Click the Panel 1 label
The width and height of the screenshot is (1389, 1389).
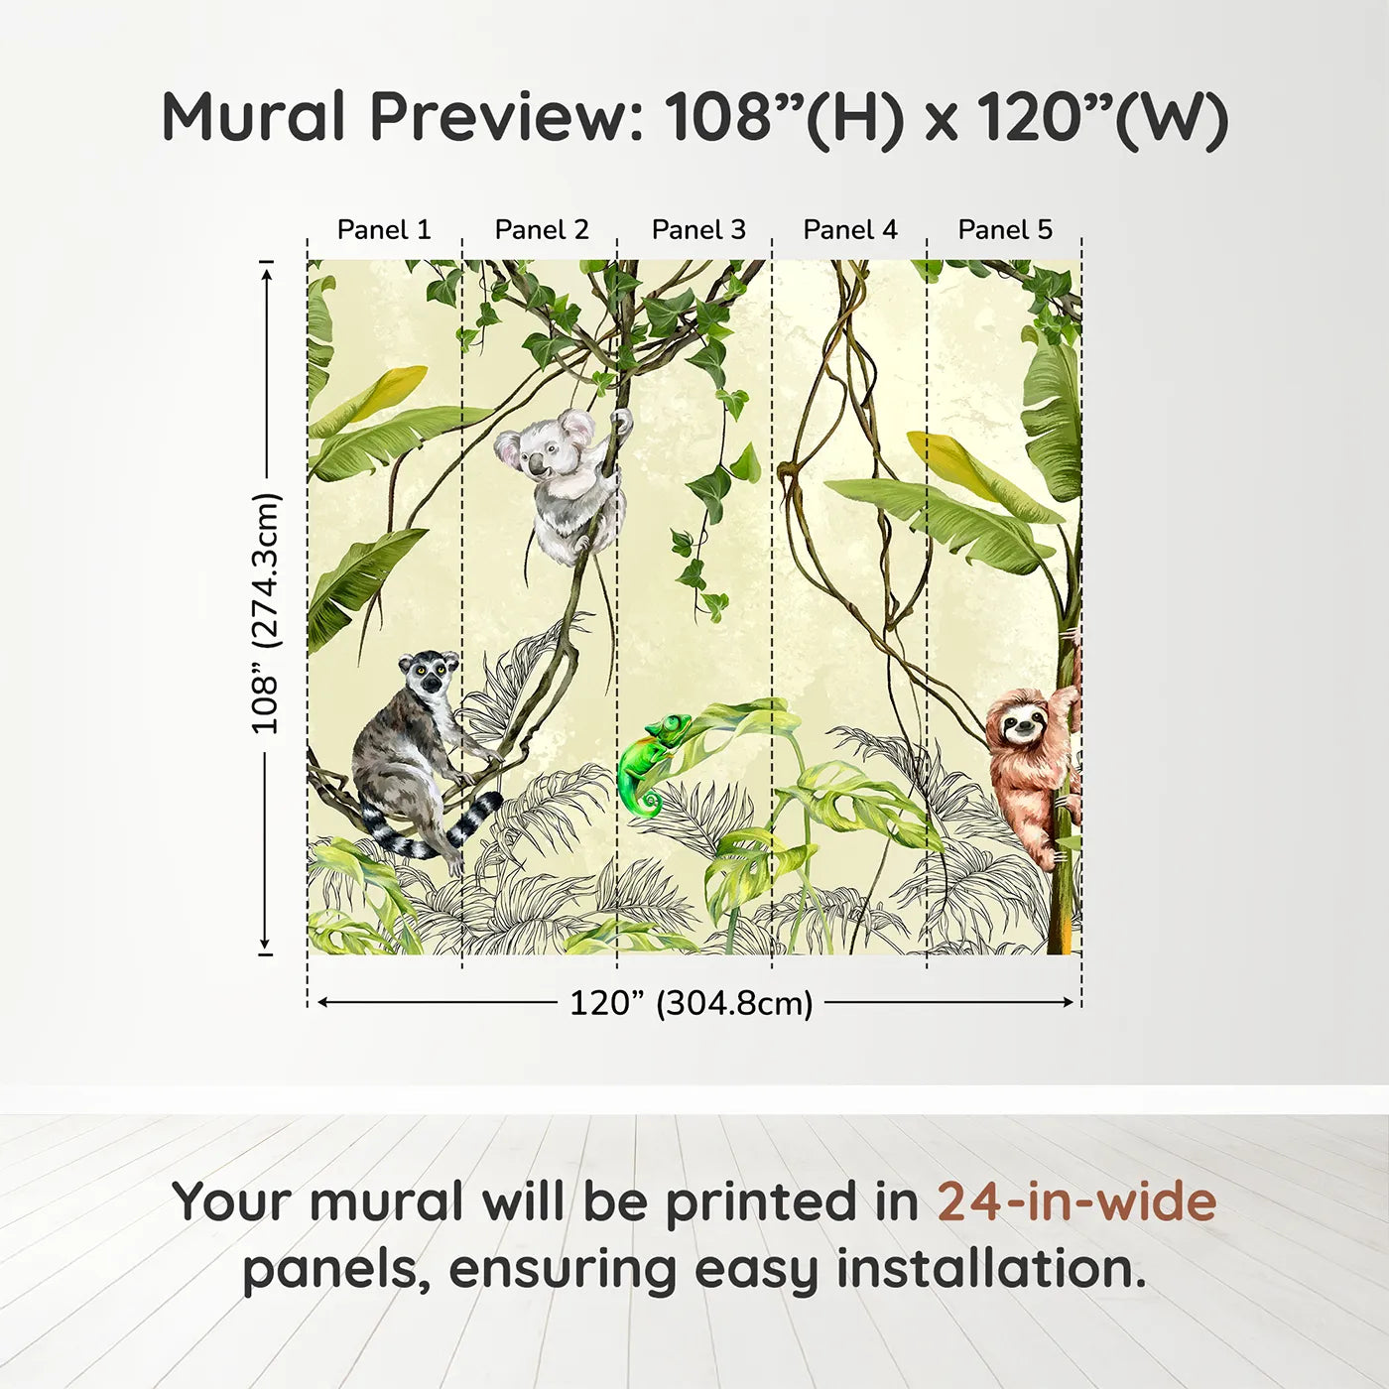pyautogui.click(x=384, y=229)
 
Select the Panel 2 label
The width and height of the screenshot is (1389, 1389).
pyautogui.click(x=542, y=229)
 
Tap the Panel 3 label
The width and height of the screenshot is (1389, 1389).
pyautogui.click(x=698, y=229)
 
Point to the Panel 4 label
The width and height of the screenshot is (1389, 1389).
pyautogui.click(x=850, y=229)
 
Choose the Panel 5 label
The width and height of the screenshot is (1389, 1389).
pyautogui.click(x=1005, y=229)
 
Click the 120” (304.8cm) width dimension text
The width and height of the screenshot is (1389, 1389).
pyautogui.click(x=691, y=1003)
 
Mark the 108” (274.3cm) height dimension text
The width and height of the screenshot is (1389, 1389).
pyautogui.click(x=266, y=613)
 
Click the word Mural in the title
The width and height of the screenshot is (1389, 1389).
pyautogui.click(x=253, y=117)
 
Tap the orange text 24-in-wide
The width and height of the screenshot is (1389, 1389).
pyautogui.click(x=1076, y=1201)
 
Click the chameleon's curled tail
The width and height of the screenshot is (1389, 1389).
pyautogui.click(x=650, y=801)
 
